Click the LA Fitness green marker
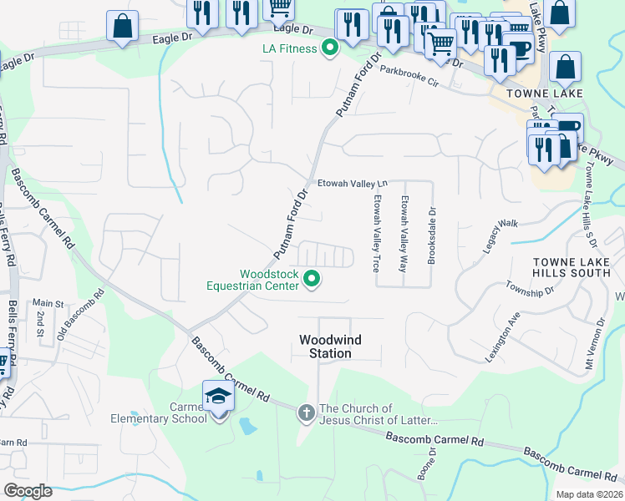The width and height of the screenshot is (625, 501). (x=329, y=48)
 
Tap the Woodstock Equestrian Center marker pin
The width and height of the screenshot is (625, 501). (x=312, y=280)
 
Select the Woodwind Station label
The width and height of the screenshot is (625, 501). (x=326, y=347)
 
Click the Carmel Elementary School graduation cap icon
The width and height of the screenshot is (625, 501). (x=218, y=396)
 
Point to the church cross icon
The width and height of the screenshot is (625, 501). (x=307, y=412)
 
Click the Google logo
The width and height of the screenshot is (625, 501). (x=28, y=490)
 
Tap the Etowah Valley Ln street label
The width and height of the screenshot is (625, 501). (x=352, y=184)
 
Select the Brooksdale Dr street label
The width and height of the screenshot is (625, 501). (x=432, y=235)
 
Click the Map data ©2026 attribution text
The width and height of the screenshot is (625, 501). (x=588, y=494)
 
